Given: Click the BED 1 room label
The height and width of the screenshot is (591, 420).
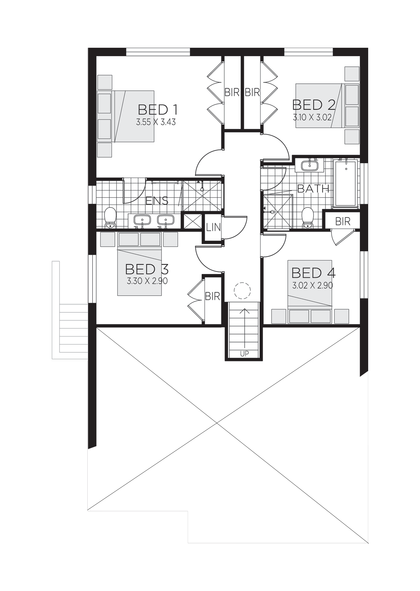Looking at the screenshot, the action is point(158,110).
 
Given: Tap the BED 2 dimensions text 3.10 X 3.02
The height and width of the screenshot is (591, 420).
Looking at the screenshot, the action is point(313,117).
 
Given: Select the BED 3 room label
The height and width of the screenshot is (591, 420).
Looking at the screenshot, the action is point(147,269).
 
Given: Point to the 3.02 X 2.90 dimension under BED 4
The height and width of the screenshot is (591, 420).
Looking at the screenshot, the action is point(313,286).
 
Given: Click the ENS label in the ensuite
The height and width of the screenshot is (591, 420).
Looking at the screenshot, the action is point(157,201).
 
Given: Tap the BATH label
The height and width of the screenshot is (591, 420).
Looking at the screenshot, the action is point(313,189).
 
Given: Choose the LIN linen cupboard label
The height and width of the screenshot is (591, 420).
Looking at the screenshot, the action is point(213,227).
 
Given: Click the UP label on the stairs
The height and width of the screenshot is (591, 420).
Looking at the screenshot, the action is point(244,354).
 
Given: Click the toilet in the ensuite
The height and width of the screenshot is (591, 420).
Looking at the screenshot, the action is point(110,218).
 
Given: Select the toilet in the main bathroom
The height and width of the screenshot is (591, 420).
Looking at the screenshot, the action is point(307,218).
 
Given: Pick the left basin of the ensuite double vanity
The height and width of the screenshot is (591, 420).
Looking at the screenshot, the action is point(142,220).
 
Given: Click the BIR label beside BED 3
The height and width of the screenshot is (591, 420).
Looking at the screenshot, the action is point(212,296).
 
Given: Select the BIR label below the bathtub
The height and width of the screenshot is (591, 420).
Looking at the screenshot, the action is point(343,221).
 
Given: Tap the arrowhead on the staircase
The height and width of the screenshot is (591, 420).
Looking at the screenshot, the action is point(244,311).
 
